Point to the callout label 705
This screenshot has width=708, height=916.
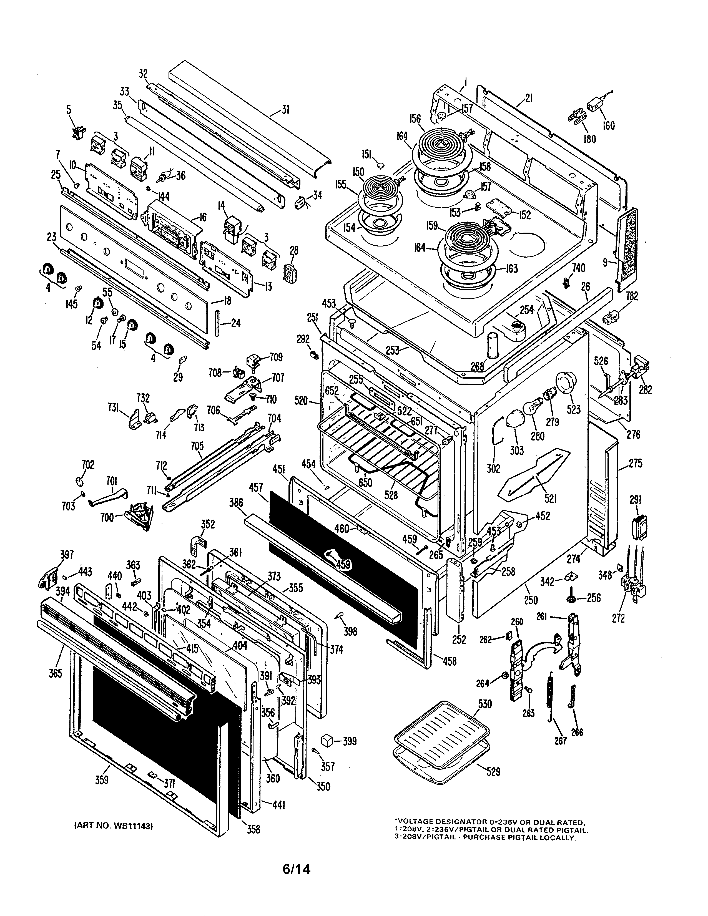pyautogui.click(x=197, y=446)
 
